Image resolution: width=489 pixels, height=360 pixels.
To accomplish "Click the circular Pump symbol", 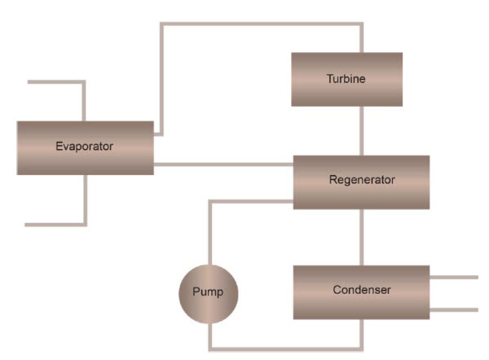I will point(208,292).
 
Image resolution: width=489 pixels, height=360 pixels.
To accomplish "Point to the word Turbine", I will point(346,79).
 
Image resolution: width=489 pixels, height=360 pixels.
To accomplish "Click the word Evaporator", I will point(84,147).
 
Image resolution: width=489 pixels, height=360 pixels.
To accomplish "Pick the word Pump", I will point(208,292).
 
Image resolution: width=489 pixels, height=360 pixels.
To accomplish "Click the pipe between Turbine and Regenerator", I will point(362,130).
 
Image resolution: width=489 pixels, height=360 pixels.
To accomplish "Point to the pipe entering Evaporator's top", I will point(84,101).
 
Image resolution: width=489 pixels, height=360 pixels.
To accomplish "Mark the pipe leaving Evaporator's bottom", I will point(84,200).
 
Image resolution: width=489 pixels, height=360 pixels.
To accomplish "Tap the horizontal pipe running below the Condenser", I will point(285,348).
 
